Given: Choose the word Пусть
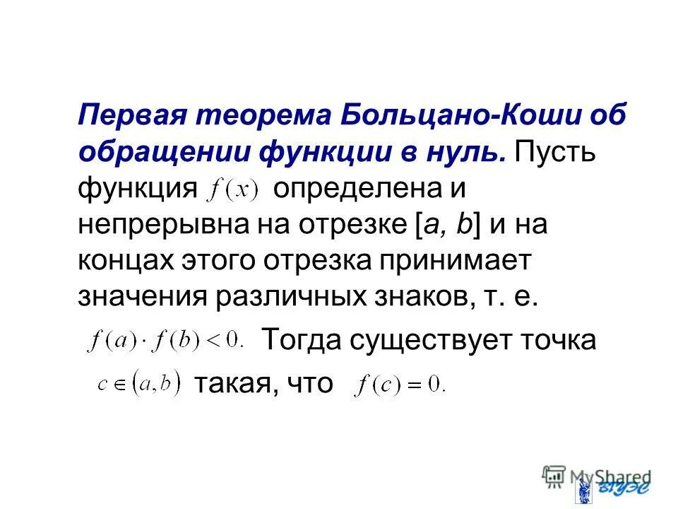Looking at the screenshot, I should (555, 151).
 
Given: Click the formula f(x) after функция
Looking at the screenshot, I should (234, 189).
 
